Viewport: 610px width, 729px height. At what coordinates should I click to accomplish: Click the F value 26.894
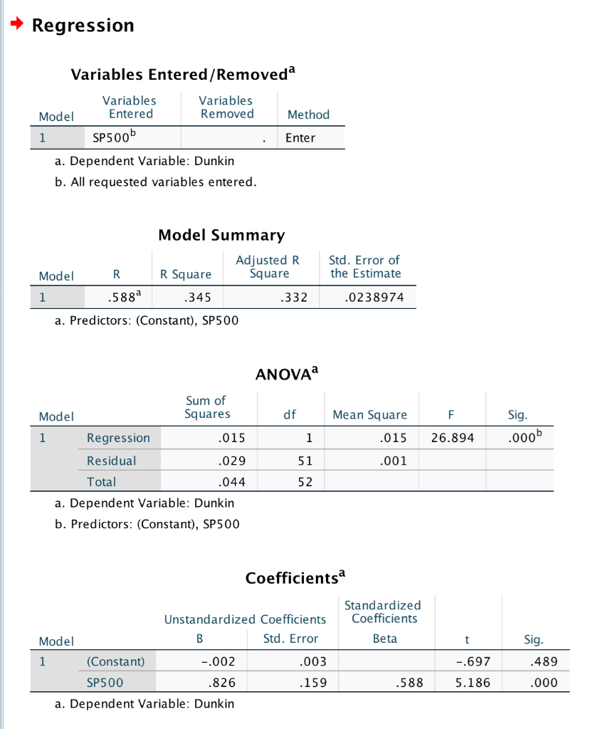pyautogui.click(x=452, y=438)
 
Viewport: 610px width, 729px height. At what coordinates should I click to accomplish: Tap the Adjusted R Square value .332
pyautogui.click(x=294, y=298)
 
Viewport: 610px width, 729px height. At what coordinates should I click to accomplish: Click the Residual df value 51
pyautogui.click(x=305, y=461)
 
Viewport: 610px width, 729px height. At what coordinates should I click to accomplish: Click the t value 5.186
pyautogui.click(x=472, y=683)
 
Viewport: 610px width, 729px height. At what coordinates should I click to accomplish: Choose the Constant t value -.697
pyautogui.click(x=473, y=661)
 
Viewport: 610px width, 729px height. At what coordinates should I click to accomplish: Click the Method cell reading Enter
pyautogui.click(x=300, y=137)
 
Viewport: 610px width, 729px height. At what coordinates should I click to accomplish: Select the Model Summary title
pyautogui.click(x=221, y=235)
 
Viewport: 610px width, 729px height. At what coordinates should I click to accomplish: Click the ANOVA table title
pyautogui.click(x=286, y=373)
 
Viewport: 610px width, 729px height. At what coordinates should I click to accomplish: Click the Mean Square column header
pyautogui.click(x=369, y=414)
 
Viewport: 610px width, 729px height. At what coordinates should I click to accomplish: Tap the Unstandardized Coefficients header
pyautogui.click(x=245, y=619)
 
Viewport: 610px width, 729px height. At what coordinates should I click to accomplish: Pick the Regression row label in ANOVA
pyautogui.click(x=118, y=438)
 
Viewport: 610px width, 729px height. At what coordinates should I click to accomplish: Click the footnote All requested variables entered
pyautogui.click(x=156, y=182)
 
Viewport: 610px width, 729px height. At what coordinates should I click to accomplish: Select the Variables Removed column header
pyautogui.click(x=226, y=107)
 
